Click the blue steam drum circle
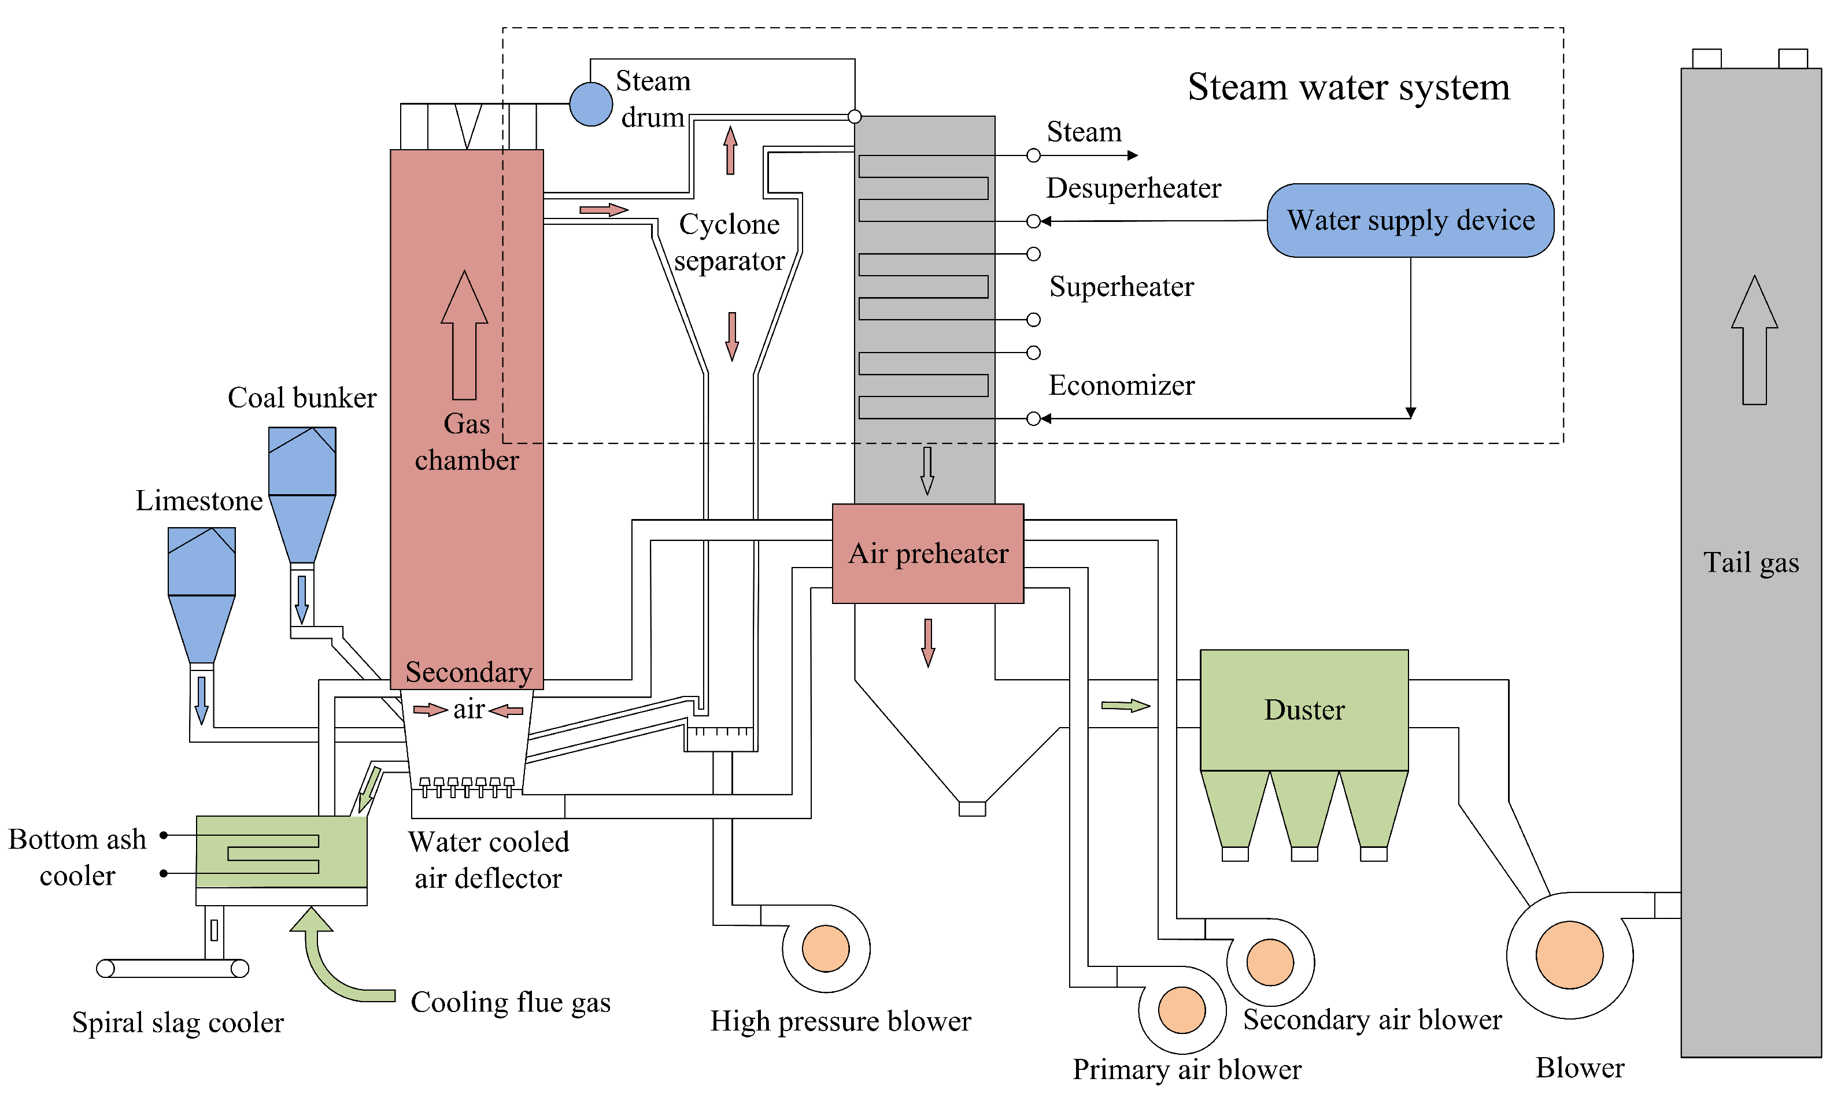pyautogui.click(x=591, y=104)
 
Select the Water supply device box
pyautogui.click(x=1410, y=220)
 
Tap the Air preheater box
pyautogui.click(x=928, y=554)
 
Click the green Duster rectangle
pyautogui.click(x=1303, y=710)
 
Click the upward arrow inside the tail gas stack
pyautogui.click(x=1754, y=340)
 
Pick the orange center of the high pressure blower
pyautogui.click(x=825, y=948)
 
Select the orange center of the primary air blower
pyautogui.click(x=1181, y=1010)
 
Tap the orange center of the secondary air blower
pyautogui.click(x=1270, y=962)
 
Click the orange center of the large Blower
pyautogui.click(x=1569, y=954)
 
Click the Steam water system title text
pyautogui.click(x=1348, y=87)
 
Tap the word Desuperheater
pyautogui.click(x=1133, y=188)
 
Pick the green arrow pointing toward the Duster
pyautogui.click(x=1125, y=706)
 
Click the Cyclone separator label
pyautogui.click(x=729, y=243)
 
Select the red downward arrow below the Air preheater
pyautogui.click(x=928, y=642)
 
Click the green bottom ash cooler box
pyautogui.click(x=281, y=851)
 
